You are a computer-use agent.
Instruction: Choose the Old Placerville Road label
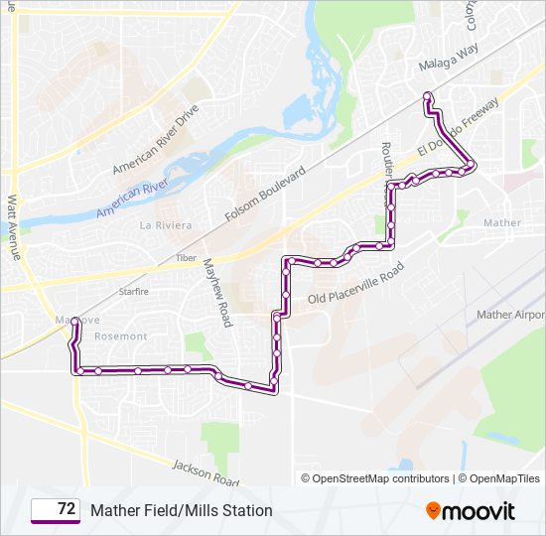[356, 284]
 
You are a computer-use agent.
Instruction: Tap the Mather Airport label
[510, 315]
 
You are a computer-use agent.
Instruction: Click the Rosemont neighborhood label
[120, 336]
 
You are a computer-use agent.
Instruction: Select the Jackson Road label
[205, 471]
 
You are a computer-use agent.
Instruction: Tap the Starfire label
[133, 292]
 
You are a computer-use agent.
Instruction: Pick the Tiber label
[186, 257]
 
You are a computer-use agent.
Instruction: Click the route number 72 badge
[57, 510]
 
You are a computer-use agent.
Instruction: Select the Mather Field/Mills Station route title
[182, 510]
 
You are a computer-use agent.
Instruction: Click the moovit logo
[471, 510]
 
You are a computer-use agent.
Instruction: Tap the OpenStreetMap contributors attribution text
[381, 478]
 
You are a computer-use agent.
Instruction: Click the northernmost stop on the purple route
[428, 96]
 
